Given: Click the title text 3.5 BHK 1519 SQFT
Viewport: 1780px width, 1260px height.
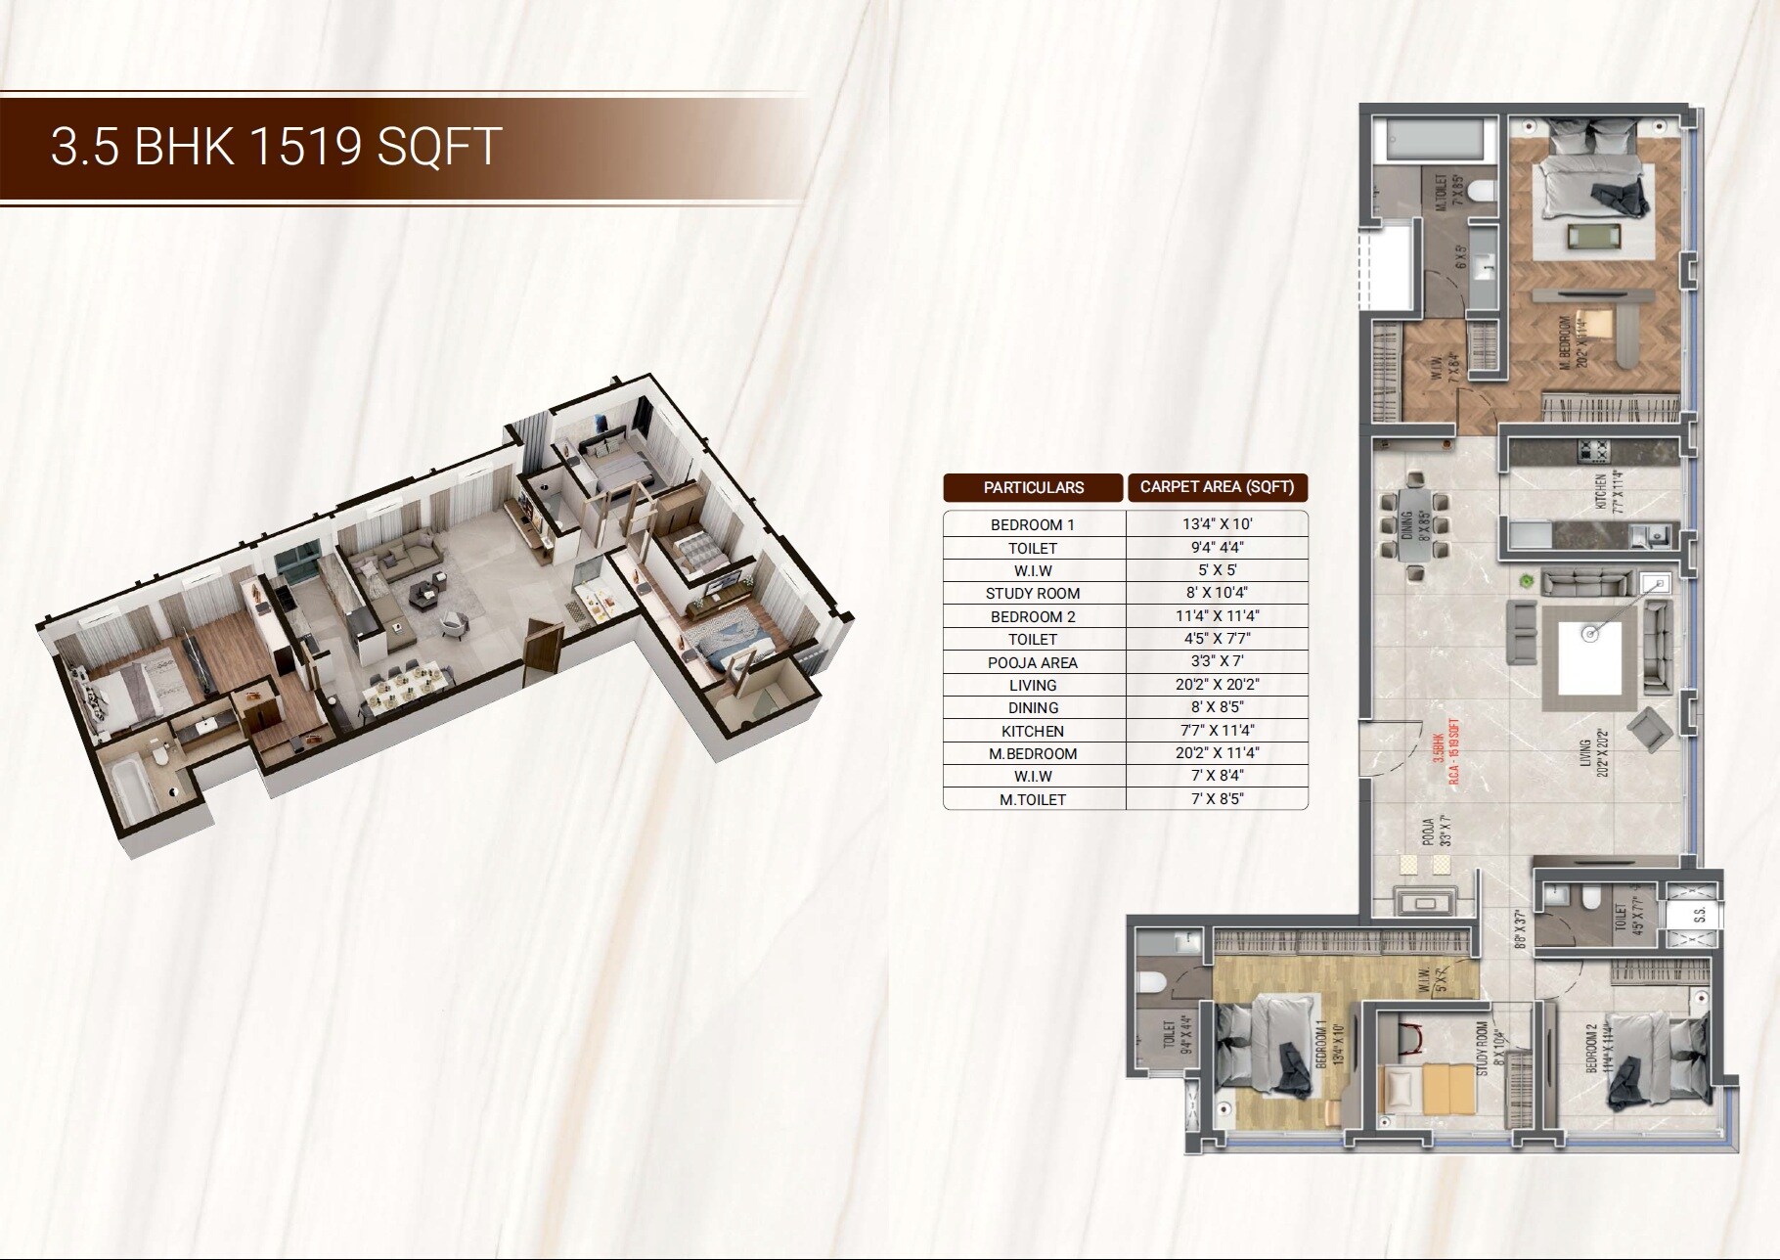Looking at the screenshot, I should (276, 147).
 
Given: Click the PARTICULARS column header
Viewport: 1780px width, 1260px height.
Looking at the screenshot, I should (1034, 487).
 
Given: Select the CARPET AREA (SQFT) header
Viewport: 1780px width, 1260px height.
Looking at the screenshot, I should (1217, 486).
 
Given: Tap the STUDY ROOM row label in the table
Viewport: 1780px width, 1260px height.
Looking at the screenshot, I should (1033, 593).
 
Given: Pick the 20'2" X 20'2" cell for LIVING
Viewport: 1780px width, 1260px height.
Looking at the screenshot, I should (1217, 685).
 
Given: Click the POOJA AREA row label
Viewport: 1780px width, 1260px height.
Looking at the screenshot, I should (1033, 662).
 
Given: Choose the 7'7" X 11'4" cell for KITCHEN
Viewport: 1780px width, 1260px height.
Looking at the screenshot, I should (1217, 731).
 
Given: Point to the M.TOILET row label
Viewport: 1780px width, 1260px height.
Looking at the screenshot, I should (1033, 799).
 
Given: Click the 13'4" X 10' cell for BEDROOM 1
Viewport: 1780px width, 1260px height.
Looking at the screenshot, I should (1217, 524).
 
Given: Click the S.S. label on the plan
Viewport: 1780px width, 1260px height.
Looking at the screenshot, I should (1700, 916).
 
